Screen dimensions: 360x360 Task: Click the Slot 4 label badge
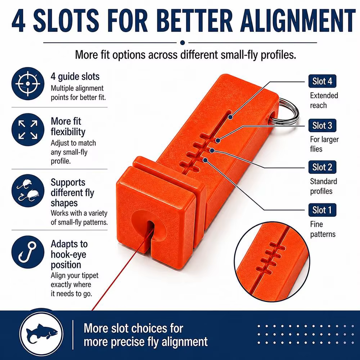point(322,81)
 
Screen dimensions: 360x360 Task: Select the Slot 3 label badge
point(322,125)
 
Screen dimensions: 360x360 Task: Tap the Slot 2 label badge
point(322,167)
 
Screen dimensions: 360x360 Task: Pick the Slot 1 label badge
point(322,210)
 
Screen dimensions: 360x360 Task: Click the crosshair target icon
point(28,84)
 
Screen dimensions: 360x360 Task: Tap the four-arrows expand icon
point(28,130)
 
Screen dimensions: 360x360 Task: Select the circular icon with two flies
point(28,190)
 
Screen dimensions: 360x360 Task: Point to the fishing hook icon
point(28,252)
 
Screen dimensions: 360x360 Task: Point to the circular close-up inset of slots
point(272,262)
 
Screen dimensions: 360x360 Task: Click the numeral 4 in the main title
point(18,21)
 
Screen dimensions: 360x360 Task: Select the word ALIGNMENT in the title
point(298,21)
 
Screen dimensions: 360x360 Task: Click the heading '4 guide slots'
point(75,77)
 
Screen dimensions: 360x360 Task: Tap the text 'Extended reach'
point(324,100)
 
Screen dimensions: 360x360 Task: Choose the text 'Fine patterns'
point(323,229)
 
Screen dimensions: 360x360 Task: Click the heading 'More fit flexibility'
point(68,126)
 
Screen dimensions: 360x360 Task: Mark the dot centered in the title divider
point(183,42)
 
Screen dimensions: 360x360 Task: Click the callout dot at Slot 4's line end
point(230,117)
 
